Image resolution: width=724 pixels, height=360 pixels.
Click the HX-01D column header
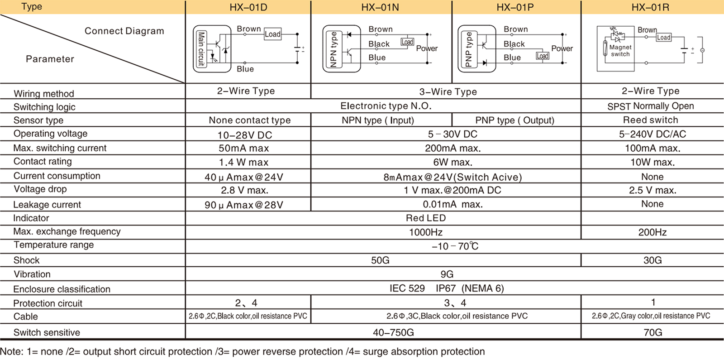coord(248,7)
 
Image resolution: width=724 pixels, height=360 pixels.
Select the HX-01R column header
coord(650,7)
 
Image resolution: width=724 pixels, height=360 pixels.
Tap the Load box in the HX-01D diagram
coord(272,34)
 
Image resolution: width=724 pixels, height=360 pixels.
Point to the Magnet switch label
coord(620,50)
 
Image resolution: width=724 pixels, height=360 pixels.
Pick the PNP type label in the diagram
coord(469,49)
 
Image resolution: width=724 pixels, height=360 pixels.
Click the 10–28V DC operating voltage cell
coord(245,135)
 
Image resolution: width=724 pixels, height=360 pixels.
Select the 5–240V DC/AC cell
coord(652,134)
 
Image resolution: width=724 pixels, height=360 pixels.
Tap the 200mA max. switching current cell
coord(453,148)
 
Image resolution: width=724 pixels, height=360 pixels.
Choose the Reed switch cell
coord(650,120)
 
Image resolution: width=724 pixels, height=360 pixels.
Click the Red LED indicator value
coord(426,218)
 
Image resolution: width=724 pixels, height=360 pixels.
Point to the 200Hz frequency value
coord(652,232)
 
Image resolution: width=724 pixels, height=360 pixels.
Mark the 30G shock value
coord(652,260)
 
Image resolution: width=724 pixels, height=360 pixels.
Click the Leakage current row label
coord(47,205)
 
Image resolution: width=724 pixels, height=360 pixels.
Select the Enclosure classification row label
coord(62,289)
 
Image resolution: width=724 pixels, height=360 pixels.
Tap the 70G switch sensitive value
coord(653,332)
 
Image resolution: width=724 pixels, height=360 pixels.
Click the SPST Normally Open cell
coord(650,106)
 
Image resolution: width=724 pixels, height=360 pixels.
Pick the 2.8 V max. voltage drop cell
coord(245,190)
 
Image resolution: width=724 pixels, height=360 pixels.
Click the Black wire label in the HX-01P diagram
coord(514,44)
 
